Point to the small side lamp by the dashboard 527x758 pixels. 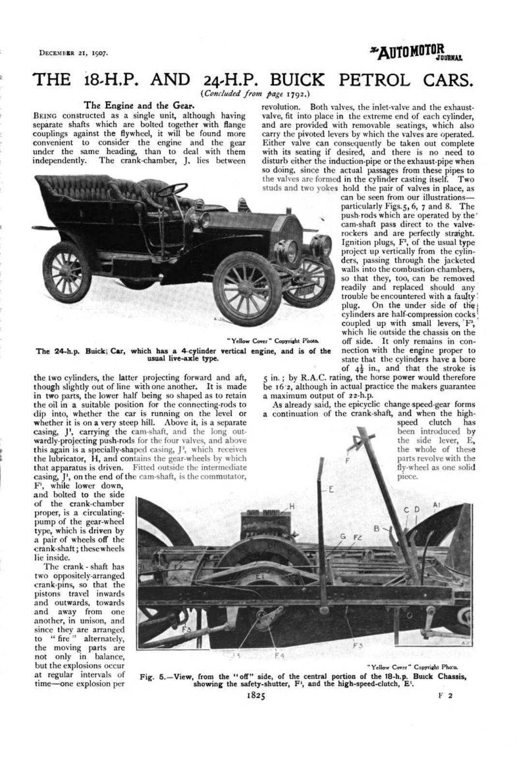click(204, 220)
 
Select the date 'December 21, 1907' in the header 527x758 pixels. click(73, 52)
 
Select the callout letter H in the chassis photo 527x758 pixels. click(292, 506)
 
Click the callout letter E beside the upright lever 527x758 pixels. click(331, 489)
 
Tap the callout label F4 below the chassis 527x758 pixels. click(279, 656)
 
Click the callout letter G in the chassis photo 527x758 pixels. click(343, 536)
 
